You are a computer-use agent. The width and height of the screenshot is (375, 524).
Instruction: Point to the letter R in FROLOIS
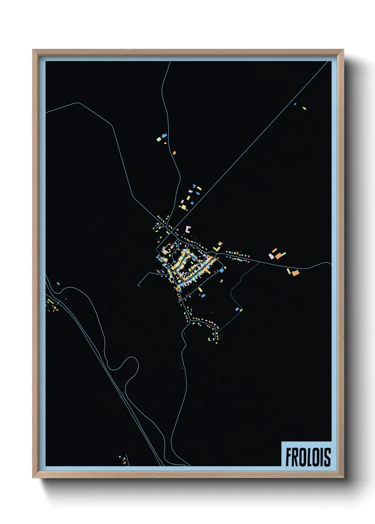click(296, 457)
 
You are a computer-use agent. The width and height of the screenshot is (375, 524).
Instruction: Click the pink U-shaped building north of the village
click(188, 229)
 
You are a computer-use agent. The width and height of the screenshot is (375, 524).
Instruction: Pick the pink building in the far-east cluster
click(271, 256)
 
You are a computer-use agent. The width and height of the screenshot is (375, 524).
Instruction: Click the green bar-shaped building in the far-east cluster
click(283, 254)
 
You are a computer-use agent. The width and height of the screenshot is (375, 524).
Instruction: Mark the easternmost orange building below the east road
click(296, 273)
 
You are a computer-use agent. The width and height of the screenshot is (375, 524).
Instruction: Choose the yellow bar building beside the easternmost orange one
click(289, 271)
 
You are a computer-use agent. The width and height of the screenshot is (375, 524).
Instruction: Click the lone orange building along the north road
click(174, 153)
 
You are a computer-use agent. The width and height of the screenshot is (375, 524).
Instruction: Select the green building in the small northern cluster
click(159, 139)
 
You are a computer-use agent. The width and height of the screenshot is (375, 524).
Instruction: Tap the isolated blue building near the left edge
click(58, 284)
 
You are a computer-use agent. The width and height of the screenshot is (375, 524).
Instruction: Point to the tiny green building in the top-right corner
click(304, 108)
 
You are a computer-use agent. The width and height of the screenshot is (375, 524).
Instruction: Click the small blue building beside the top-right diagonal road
click(295, 104)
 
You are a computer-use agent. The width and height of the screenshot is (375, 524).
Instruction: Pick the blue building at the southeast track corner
click(237, 309)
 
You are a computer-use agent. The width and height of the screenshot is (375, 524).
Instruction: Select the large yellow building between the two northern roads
click(184, 207)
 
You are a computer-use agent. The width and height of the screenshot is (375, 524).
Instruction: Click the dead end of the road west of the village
click(139, 285)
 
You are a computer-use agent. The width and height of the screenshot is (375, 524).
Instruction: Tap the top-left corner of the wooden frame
click(33, 50)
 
